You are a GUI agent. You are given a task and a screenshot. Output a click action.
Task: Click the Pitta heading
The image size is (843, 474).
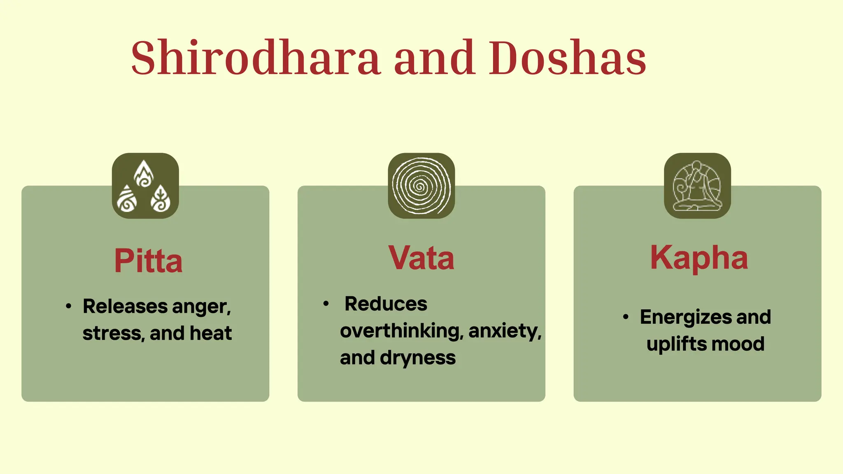tap(148, 261)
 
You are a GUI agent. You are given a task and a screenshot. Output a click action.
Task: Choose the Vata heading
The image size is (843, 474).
tap(421, 258)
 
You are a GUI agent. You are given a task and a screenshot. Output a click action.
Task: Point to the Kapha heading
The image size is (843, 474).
tap(699, 258)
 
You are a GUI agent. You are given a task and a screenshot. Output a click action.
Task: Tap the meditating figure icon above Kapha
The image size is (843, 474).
tap(697, 186)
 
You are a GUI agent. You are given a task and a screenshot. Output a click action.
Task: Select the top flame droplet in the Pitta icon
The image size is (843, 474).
tap(144, 174)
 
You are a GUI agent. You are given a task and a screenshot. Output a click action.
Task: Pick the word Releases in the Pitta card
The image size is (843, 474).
tap(125, 307)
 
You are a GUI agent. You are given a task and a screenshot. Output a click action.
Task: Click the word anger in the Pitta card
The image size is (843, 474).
tap(201, 307)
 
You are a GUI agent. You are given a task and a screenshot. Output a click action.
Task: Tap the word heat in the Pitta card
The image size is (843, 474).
tap(211, 333)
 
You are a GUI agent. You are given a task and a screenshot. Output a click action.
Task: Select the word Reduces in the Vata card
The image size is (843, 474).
tap(386, 304)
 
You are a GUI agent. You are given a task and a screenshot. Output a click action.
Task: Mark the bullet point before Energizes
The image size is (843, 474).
tap(626, 317)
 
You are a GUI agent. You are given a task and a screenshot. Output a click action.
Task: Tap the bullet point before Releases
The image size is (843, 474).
tap(69, 306)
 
